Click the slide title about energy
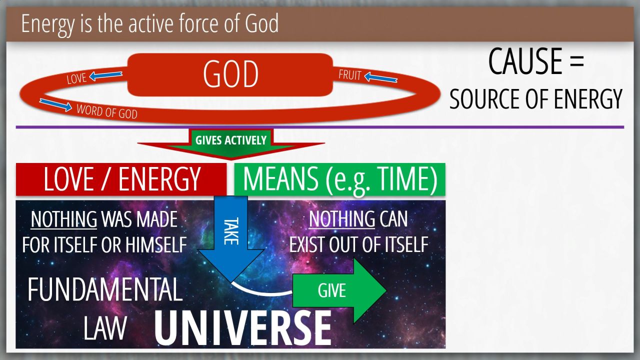pyautogui.click(x=149, y=24)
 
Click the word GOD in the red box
pyautogui.click(x=230, y=74)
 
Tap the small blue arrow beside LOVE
pyautogui.click(x=105, y=75)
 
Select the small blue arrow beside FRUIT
pyautogui.click(x=381, y=77)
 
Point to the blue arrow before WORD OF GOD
pyautogui.click(x=55, y=104)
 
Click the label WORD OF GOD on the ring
pyautogui.click(x=107, y=111)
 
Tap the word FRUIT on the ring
pyautogui.click(x=349, y=75)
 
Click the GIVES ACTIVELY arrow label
pyautogui.click(x=231, y=140)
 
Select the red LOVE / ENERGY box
pyautogui.click(x=121, y=179)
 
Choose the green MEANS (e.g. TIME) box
pyautogui.click(x=339, y=179)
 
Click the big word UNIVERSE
pyautogui.click(x=243, y=328)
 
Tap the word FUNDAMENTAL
pyautogui.click(x=105, y=289)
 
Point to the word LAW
pyautogui.click(x=105, y=328)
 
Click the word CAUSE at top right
pyautogui.click(x=525, y=61)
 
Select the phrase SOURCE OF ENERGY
pyautogui.click(x=535, y=99)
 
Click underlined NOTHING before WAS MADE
pyautogui.click(x=63, y=219)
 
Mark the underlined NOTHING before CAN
pyautogui.click(x=341, y=219)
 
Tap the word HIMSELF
pyautogui.click(x=156, y=245)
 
